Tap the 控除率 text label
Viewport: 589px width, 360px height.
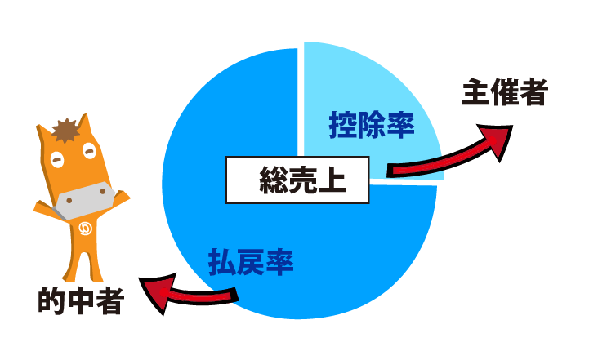(372, 126)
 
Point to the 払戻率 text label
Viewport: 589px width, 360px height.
(251, 264)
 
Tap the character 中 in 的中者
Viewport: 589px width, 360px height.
(80, 302)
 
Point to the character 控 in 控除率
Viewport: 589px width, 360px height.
(343, 126)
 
